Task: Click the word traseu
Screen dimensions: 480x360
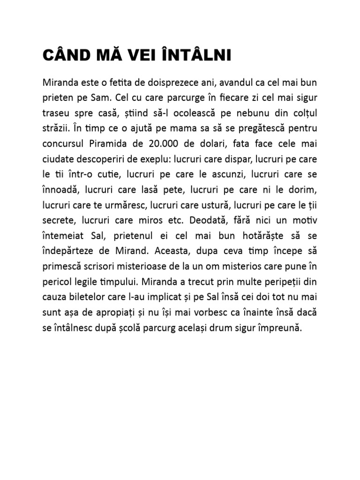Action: coord(57,116)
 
